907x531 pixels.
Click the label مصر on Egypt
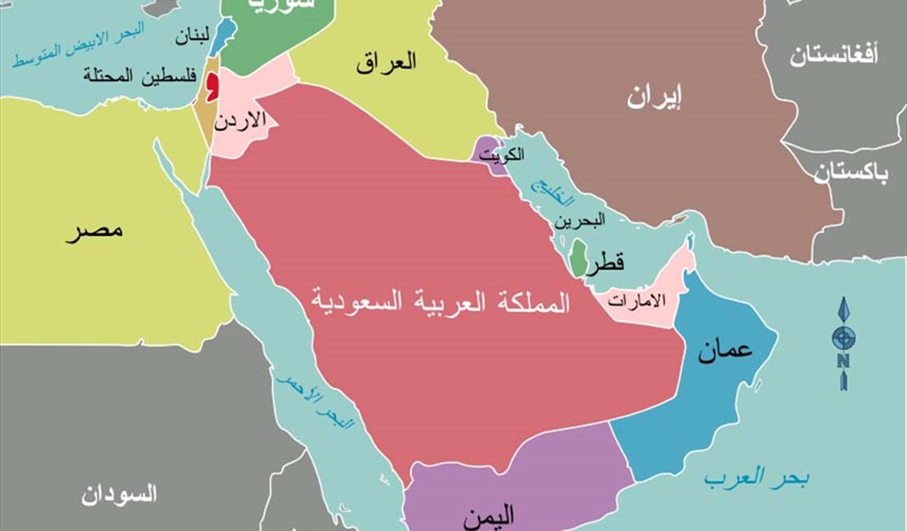point(94,233)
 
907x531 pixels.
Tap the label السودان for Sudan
point(120,494)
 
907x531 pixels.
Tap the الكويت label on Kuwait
point(502,155)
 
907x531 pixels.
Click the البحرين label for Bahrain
point(582,220)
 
